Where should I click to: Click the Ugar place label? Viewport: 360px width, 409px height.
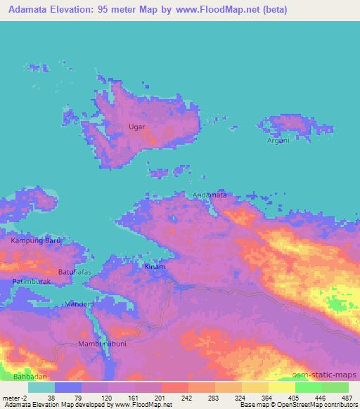(x=137, y=127)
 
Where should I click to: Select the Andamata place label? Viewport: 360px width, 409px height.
(x=210, y=195)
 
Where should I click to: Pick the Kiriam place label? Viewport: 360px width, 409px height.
(x=155, y=268)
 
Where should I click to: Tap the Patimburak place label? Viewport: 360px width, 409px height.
(x=29, y=282)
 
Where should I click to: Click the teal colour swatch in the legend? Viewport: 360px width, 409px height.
(x=41, y=387)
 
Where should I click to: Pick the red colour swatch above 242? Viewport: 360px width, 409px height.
(x=175, y=387)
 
